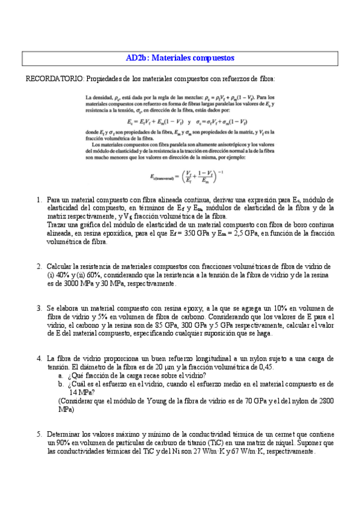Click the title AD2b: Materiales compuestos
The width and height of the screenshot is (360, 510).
tap(180, 58)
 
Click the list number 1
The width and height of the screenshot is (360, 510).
tap(39, 199)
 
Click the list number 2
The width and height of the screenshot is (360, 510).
tap(39, 266)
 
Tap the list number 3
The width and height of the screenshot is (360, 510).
tap(39, 307)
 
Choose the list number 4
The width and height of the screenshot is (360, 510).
tap(39, 357)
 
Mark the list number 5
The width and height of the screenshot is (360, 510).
tap(39, 433)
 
